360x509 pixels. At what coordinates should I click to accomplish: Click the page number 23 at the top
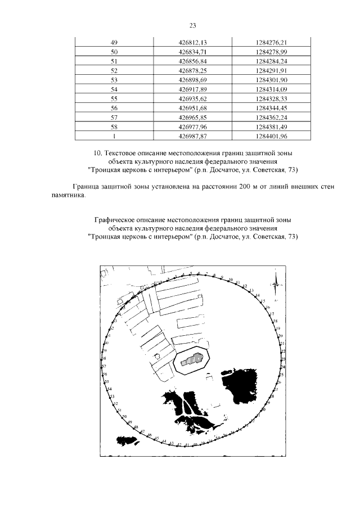pyautogui.click(x=192, y=26)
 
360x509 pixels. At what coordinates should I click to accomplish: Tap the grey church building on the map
pyautogui.click(x=192, y=358)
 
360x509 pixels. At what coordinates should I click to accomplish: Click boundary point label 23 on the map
pyautogui.click(x=283, y=359)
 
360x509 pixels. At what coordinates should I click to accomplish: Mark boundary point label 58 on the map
pyautogui.click(x=103, y=358)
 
